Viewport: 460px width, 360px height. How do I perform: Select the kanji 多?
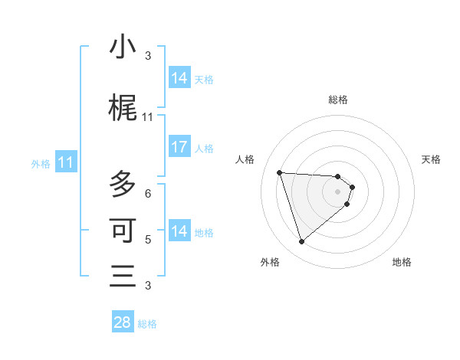(x=123, y=184)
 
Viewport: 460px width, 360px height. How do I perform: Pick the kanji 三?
(x=123, y=276)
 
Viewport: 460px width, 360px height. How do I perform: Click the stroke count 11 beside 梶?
(x=148, y=117)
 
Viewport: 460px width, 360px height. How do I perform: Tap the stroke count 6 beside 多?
(x=148, y=193)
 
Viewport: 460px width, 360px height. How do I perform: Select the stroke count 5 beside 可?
(x=148, y=240)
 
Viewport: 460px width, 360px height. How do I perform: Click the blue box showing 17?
(x=179, y=147)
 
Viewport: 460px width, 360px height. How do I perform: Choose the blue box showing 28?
(x=123, y=322)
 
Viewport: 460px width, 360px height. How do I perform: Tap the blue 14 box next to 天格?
(x=179, y=78)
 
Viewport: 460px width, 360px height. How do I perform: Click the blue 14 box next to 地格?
(x=179, y=231)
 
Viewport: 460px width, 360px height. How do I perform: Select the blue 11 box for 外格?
(x=66, y=162)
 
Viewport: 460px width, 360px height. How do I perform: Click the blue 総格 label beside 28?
(x=147, y=324)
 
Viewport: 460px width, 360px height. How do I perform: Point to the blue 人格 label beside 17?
(x=204, y=149)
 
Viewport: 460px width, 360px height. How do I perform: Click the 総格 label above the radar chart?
(x=338, y=100)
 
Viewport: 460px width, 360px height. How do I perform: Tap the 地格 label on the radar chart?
(x=402, y=262)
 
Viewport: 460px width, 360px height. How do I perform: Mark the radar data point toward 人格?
(x=280, y=172)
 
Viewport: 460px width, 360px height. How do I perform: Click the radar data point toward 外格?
(x=301, y=242)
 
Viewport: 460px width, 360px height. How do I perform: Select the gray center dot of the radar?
(x=337, y=201)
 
